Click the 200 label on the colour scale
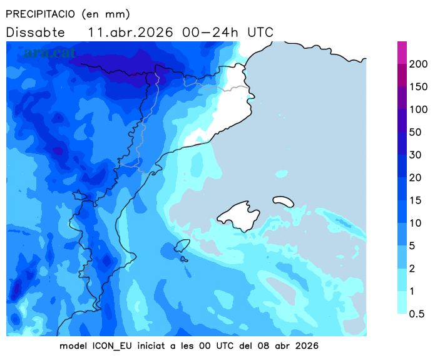[x=418, y=64]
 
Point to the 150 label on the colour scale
[x=418, y=86]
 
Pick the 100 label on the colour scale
[x=418, y=110]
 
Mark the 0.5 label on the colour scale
[x=417, y=314]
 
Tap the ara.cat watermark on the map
[x=46, y=53]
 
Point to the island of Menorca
[x=283, y=201]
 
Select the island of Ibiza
[x=182, y=245]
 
